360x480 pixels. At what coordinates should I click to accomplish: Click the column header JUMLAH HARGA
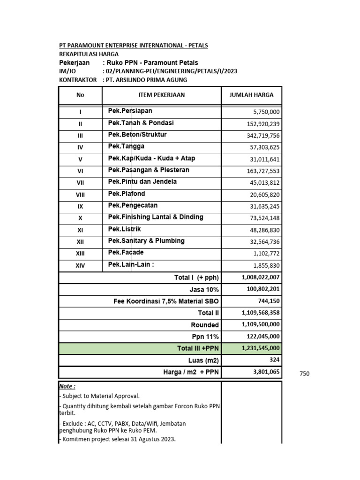(x=251, y=95)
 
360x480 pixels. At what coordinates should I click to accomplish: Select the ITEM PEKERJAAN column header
(x=161, y=95)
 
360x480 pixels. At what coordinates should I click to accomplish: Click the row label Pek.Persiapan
(x=130, y=111)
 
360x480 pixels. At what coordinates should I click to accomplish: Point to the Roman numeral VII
(x=80, y=183)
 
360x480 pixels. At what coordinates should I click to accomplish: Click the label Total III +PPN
(x=198, y=348)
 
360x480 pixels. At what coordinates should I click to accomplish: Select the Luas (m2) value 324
(x=274, y=360)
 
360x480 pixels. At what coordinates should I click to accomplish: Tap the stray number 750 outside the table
(x=304, y=374)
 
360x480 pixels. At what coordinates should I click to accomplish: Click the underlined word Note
(x=67, y=386)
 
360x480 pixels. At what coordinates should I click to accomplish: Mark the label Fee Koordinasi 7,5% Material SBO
(x=166, y=301)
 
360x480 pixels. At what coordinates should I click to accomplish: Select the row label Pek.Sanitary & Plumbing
(x=146, y=241)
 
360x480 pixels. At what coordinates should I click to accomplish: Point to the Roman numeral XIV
(x=80, y=266)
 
